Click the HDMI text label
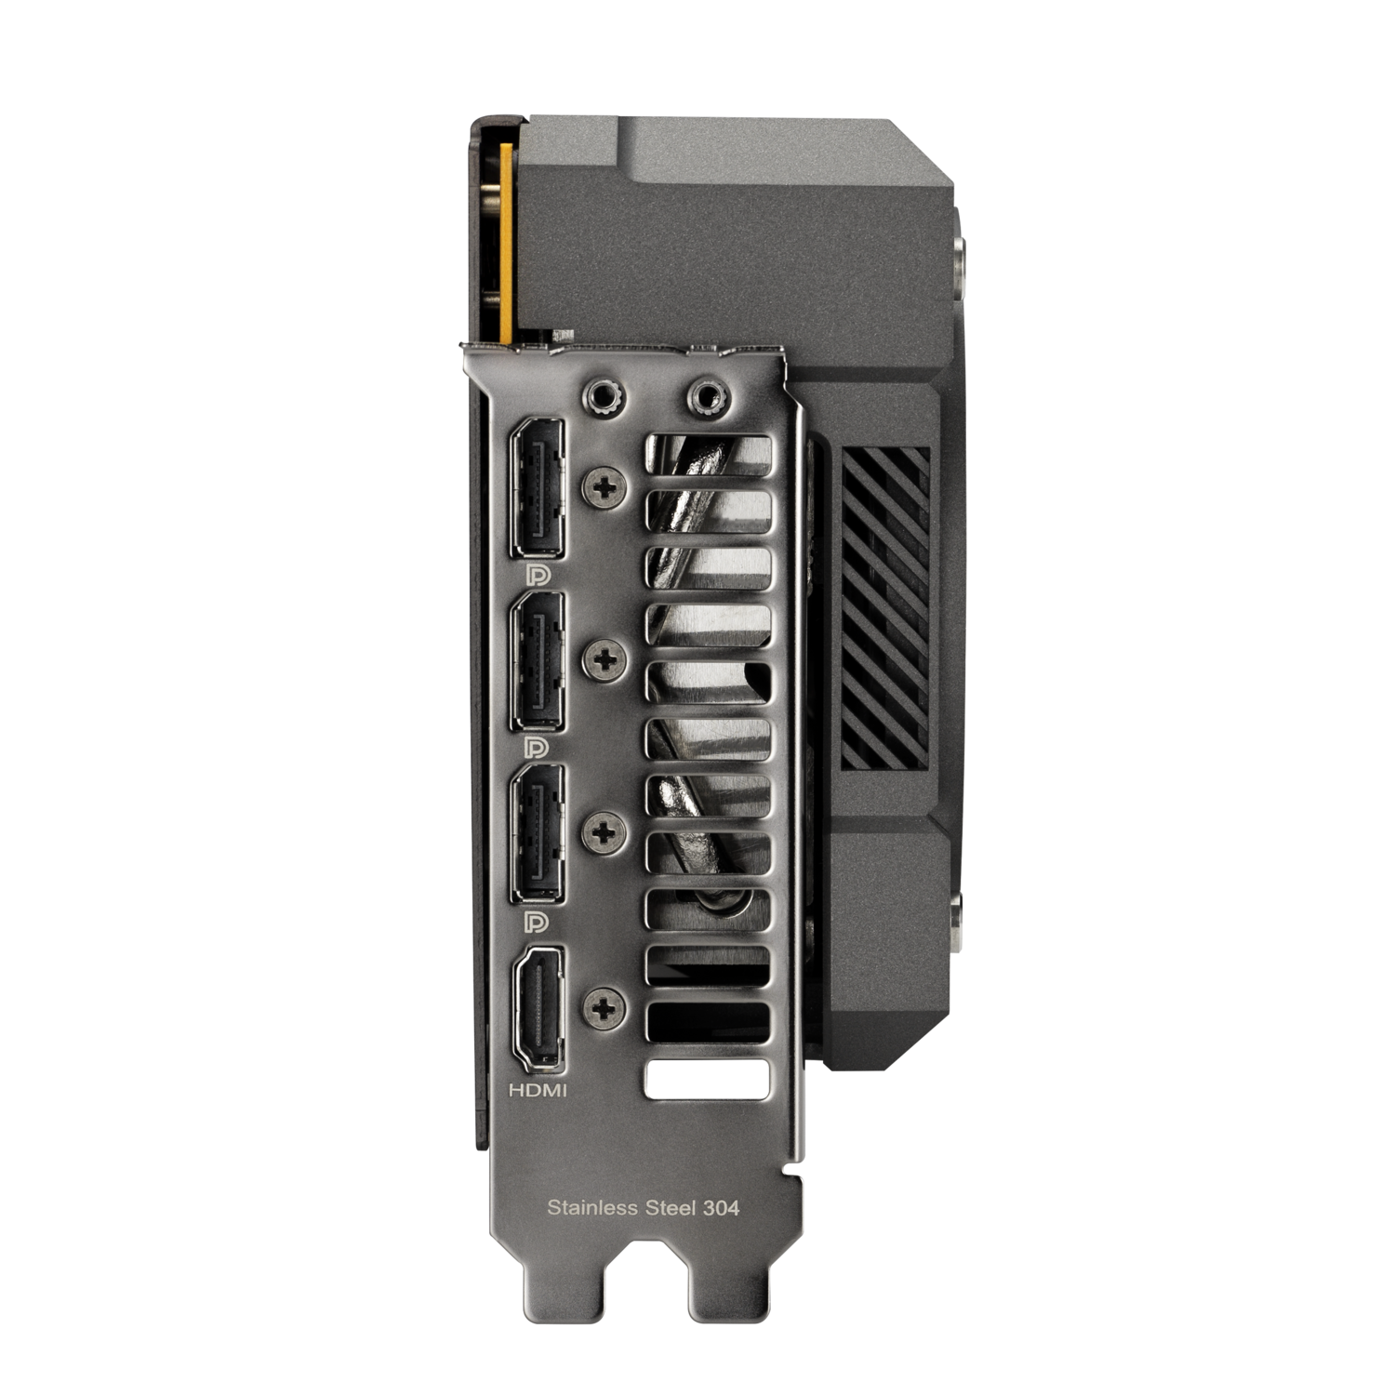(x=538, y=1090)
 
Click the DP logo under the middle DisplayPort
(x=538, y=748)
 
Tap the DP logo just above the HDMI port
(x=538, y=921)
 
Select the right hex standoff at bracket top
(x=705, y=395)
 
